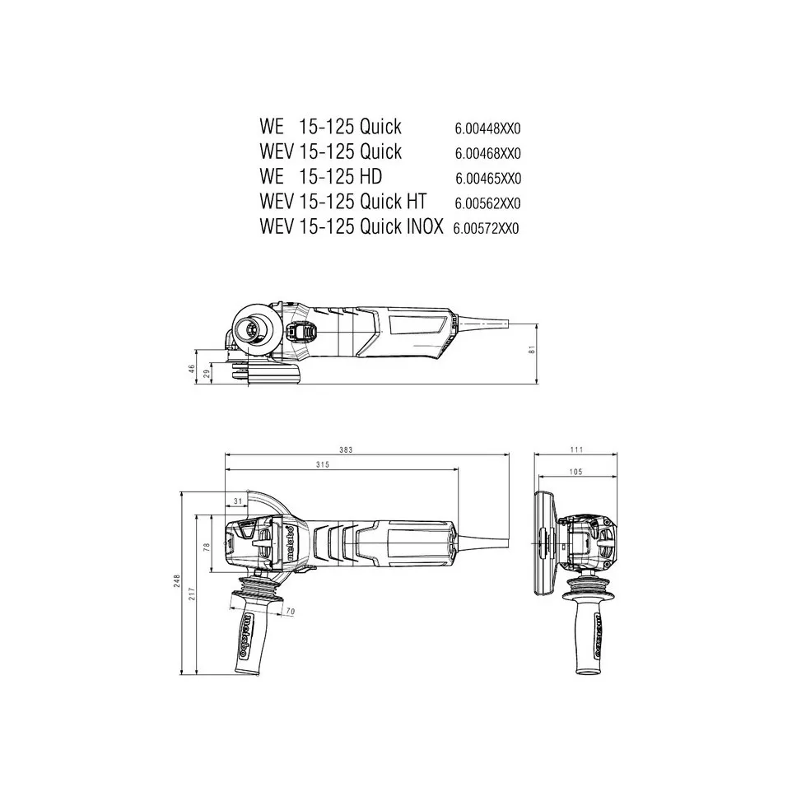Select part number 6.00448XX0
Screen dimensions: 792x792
click(x=487, y=129)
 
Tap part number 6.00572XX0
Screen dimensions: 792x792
click(x=486, y=229)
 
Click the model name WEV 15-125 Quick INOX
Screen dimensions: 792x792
click(x=352, y=226)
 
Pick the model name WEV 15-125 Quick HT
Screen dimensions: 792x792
click(x=342, y=202)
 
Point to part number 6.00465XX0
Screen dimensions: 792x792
click(x=487, y=179)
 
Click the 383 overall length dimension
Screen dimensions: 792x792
click(x=346, y=450)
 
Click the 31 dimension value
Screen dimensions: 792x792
click(x=238, y=501)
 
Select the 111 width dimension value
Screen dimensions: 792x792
click(x=576, y=450)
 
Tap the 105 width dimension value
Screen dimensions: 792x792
click(x=575, y=472)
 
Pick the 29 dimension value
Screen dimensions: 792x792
click(x=207, y=375)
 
